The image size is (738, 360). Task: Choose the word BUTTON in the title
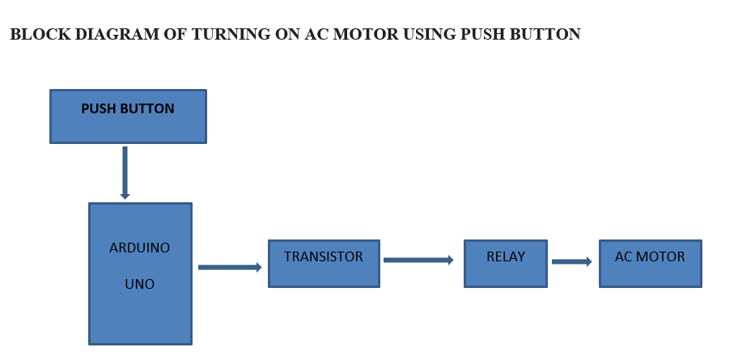546,35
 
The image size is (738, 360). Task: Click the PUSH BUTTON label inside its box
128,109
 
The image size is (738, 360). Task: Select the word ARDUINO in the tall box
140,248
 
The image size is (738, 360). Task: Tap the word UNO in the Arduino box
139,285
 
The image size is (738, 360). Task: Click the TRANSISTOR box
324,263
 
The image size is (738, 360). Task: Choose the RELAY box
506,263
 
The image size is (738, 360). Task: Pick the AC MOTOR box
650,263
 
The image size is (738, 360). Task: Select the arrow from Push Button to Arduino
125,172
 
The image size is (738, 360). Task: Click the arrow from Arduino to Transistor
229,267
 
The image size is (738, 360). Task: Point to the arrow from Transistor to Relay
418,260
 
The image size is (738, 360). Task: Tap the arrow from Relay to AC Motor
571,261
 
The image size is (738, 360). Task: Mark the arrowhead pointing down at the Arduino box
125,196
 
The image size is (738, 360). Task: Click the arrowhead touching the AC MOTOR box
588,261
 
